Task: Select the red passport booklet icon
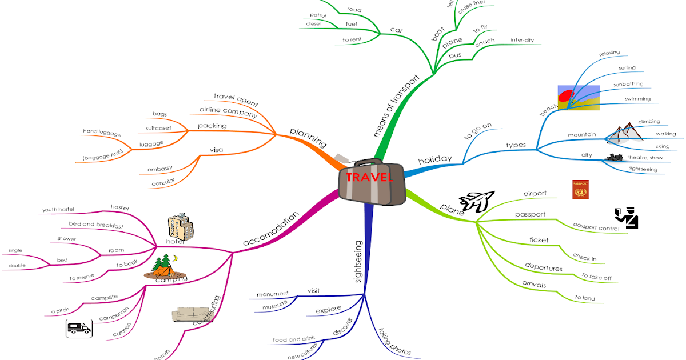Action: [580, 190]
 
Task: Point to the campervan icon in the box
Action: [79, 328]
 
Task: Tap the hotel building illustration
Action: [180, 227]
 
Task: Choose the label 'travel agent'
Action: [236, 100]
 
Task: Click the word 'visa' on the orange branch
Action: [216, 150]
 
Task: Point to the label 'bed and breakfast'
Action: [96, 225]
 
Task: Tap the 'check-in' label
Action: [584, 258]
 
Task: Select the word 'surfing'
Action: [627, 68]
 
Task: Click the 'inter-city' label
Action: [522, 40]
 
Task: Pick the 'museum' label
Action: [274, 307]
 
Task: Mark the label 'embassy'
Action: [159, 169]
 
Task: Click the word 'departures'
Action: [544, 267]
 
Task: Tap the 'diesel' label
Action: [313, 24]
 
